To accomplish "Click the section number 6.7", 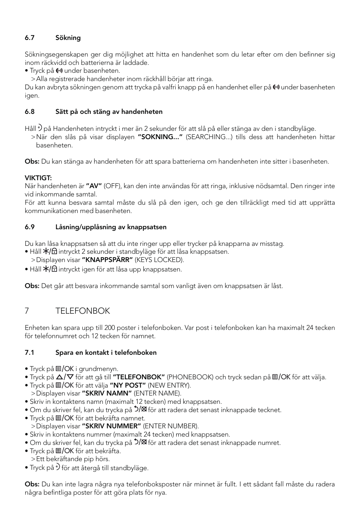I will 29,38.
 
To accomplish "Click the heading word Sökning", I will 68,38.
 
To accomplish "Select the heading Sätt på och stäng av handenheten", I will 109,112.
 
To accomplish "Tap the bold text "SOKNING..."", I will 160,137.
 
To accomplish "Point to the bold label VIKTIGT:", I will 38,178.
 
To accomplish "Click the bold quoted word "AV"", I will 94,186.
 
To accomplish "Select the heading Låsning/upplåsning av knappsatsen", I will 111,227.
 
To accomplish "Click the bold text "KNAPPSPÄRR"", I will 107,260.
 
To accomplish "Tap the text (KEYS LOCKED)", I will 159,260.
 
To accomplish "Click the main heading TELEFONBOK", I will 83,311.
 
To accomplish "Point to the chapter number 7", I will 27,311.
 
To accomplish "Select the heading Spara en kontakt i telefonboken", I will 106,353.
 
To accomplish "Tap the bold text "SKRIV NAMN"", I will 106,393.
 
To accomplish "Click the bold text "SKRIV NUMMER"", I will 111,426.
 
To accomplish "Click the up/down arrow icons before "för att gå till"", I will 65,377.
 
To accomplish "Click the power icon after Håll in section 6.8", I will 40,128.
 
